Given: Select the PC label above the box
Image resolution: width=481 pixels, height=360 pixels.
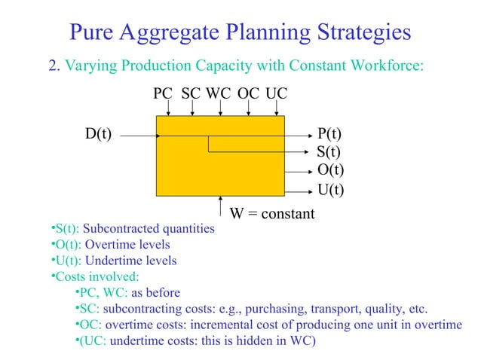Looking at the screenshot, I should pos(163,93).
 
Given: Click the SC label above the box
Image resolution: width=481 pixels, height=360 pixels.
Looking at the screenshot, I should pos(191,93).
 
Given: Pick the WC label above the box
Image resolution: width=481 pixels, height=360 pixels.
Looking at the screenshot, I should pos(219,93).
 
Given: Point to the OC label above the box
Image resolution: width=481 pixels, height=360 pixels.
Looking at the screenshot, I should pos(248,93).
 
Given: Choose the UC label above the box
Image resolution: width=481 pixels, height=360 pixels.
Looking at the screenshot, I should pos(276,93).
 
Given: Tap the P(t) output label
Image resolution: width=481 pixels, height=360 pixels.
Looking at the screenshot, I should pos(329,135).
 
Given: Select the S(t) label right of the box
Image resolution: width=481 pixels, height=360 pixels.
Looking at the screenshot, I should pos(329,152).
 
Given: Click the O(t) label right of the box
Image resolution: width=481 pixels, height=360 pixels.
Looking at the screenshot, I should pos(330,170).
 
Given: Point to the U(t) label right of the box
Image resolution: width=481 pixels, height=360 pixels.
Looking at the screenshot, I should pos(330,189).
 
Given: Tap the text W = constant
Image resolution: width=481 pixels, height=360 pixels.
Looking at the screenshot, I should pos(272,214).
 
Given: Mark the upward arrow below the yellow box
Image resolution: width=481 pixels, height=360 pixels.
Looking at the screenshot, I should pos(219,206).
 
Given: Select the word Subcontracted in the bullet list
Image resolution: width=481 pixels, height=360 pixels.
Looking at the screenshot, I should pos(121,228).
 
